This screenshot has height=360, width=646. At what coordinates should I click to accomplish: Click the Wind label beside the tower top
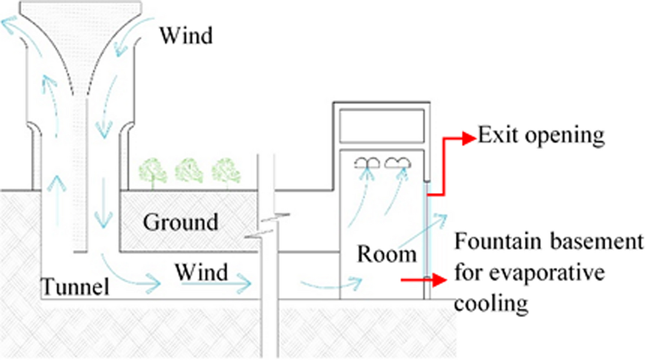(186, 36)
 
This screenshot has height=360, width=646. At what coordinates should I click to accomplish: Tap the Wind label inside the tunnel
(202, 271)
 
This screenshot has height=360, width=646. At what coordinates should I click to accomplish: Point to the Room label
(386, 253)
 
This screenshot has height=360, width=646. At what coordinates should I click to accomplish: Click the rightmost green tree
(225, 169)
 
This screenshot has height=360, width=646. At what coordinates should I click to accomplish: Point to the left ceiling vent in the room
(365, 161)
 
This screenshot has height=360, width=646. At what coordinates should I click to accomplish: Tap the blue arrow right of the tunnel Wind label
(236, 282)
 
